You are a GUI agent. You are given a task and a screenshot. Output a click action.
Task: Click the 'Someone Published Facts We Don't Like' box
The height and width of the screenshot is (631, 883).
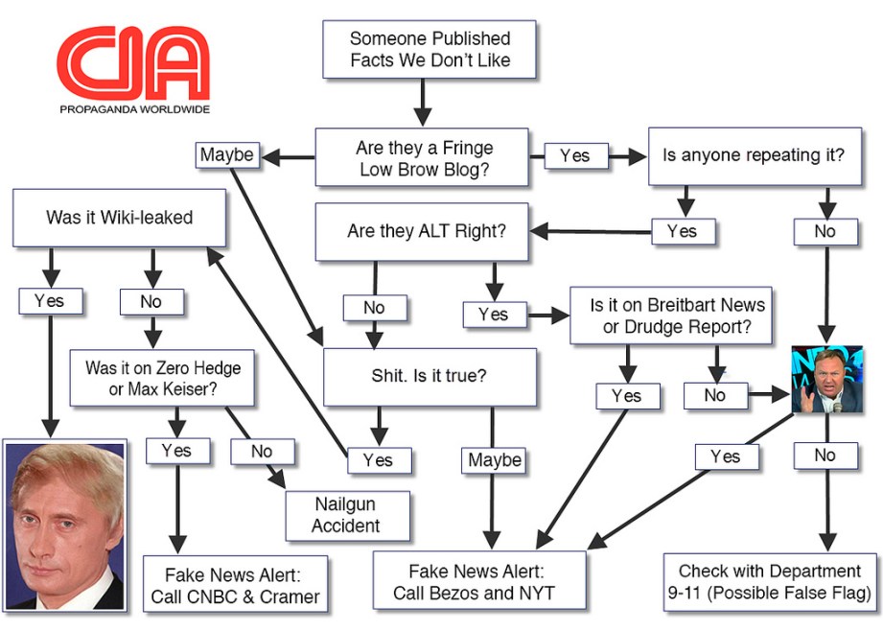[x=429, y=50]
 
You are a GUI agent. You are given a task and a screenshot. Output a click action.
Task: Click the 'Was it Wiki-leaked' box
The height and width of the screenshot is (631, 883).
[x=119, y=218]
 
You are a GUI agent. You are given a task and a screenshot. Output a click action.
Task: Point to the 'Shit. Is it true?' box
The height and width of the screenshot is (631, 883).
[x=429, y=376]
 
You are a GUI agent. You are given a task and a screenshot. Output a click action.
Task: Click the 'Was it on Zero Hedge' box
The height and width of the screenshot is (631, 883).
[x=162, y=379]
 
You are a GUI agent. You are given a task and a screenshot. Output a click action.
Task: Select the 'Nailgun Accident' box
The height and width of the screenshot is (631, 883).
[x=347, y=515]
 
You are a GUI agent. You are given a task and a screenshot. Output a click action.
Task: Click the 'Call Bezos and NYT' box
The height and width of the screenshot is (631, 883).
[x=479, y=581]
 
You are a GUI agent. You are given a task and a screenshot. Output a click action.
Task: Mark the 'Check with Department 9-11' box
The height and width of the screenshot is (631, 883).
[x=769, y=581]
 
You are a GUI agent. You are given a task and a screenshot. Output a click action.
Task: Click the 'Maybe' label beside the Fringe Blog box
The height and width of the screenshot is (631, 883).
[x=226, y=154]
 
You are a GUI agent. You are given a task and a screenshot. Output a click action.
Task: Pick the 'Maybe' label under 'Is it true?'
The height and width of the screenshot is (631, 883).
[x=495, y=460]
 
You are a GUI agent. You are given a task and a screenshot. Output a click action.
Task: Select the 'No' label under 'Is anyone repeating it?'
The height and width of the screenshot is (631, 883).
[x=825, y=231]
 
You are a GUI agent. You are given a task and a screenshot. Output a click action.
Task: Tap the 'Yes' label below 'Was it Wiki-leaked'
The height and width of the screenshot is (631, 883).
[x=49, y=301]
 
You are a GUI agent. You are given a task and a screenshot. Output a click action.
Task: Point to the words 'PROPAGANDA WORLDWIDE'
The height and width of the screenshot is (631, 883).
[x=134, y=109]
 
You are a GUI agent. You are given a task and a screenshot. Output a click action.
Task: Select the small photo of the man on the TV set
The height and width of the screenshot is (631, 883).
[x=826, y=380]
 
